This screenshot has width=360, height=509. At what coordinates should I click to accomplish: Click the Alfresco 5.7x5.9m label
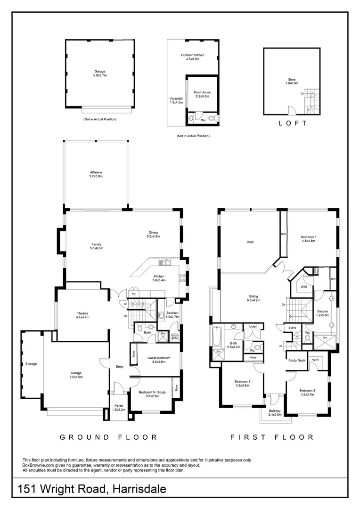click(x=96, y=174)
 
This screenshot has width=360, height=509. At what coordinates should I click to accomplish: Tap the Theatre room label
click(x=83, y=315)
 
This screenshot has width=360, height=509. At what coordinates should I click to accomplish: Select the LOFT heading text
click(x=292, y=123)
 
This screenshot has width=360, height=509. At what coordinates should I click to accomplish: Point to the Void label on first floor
click(x=250, y=242)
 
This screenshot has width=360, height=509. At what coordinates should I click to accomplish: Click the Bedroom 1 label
click(x=308, y=238)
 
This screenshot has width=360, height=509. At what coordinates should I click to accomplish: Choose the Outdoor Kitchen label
click(x=192, y=57)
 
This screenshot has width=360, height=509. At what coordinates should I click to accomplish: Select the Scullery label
click(x=172, y=315)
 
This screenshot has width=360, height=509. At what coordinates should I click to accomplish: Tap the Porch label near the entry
click(x=118, y=407)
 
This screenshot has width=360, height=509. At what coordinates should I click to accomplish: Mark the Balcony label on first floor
click(x=275, y=413)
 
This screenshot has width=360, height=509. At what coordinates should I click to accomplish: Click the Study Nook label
click(x=296, y=360)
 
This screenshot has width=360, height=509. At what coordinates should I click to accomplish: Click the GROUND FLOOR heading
click(x=108, y=437)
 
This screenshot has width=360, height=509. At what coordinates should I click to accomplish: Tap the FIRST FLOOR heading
click(x=272, y=437)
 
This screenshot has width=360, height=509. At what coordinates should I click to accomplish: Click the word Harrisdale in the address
click(x=139, y=490)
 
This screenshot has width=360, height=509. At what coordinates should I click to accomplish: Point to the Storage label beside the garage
click(x=31, y=364)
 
